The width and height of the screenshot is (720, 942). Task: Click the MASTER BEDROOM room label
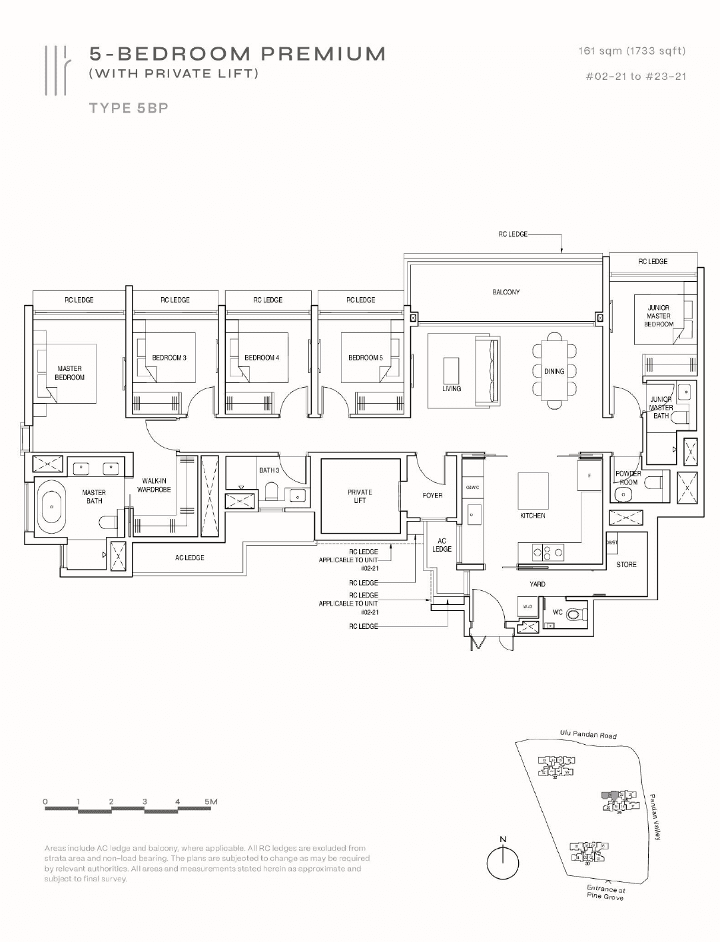[x=69, y=373]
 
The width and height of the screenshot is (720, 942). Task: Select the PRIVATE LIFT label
[x=360, y=496]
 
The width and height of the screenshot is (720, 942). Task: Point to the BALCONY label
[x=506, y=292]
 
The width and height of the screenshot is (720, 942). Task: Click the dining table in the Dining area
[x=554, y=371]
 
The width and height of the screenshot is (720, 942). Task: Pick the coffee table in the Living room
[x=451, y=370]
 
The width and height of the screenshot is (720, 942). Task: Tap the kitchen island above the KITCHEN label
[x=533, y=491]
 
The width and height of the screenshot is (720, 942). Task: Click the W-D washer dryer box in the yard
[x=528, y=607]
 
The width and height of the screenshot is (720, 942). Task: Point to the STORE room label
[x=626, y=564]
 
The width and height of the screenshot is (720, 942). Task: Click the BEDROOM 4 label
[x=262, y=358]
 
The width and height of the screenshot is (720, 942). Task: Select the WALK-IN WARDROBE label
[x=154, y=485]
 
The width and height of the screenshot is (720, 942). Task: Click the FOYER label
[x=432, y=496]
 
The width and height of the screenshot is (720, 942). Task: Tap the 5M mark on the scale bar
[x=210, y=801]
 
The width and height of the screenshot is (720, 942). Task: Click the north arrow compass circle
[x=503, y=864]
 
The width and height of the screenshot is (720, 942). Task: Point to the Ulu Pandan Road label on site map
[x=588, y=735]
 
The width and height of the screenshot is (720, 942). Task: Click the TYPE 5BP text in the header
[x=129, y=108]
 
